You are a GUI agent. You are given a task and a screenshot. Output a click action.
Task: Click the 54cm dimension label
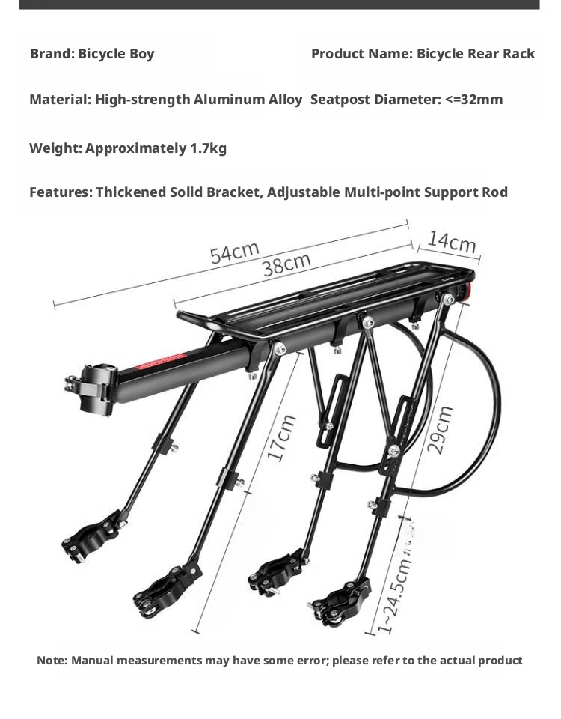coord(234,252)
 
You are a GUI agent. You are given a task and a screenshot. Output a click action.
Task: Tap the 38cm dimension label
coord(286,264)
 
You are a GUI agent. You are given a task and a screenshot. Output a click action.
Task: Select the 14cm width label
coord(452,242)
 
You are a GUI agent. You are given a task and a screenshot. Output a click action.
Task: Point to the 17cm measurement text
coord(280,437)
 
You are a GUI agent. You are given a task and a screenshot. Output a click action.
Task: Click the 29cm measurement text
coord(440,430)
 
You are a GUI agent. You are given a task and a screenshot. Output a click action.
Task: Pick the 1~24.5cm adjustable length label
coord(393,595)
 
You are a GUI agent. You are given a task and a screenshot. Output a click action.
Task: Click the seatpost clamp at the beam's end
coord(94,389)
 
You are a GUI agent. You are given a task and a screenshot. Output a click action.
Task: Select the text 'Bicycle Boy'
coord(116,54)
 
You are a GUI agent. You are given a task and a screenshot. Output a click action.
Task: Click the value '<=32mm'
coord(474,100)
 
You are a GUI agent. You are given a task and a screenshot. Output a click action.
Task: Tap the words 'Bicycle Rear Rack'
coord(476,54)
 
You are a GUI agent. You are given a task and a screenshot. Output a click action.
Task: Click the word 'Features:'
coord(61,192)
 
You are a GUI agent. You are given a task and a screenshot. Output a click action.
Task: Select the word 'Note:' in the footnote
coord(52,661)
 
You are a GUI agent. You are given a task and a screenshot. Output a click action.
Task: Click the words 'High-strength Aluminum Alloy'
coord(199,100)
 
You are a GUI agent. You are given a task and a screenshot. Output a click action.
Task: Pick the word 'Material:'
coord(61,100)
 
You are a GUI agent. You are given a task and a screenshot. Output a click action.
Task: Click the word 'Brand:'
coord(52,54)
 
